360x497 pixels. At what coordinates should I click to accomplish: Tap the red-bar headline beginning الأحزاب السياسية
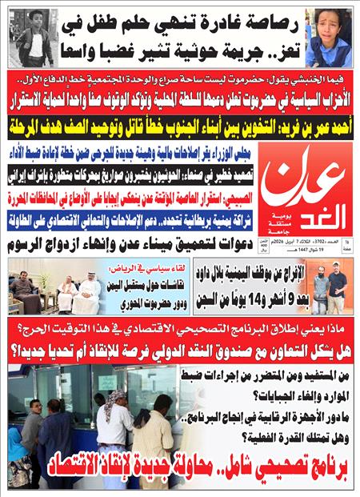tap(180, 103)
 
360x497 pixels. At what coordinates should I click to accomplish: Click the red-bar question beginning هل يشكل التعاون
tap(180, 349)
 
